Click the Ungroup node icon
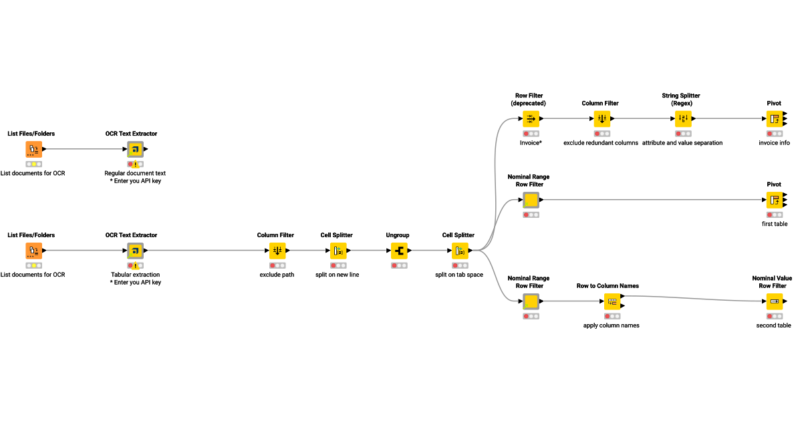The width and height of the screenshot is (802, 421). point(399,251)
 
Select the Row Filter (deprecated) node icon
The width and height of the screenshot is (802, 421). point(531,119)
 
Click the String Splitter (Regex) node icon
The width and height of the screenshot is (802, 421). point(683,119)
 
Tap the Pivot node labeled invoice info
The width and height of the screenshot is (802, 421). point(774,119)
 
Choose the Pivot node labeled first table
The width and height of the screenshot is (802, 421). point(774,200)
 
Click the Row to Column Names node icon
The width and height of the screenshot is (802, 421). point(612,301)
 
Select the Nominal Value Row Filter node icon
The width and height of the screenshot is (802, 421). point(774,301)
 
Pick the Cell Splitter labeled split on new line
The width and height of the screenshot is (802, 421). point(338,251)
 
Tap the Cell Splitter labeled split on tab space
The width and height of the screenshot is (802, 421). point(460,251)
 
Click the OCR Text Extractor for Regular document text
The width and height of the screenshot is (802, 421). point(135,149)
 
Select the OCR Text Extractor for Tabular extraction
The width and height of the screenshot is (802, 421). point(135,251)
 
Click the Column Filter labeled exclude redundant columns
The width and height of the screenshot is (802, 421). point(601,119)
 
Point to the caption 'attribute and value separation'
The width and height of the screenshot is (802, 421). point(682,143)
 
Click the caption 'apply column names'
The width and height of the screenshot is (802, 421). point(611,325)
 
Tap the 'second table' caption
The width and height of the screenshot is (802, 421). point(774,325)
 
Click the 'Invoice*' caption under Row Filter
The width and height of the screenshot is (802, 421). point(531,143)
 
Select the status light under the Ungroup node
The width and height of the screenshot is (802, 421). point(398,265)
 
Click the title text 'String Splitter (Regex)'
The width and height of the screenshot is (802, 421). point(680,100)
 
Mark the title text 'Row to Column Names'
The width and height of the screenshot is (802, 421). point(608,286)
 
